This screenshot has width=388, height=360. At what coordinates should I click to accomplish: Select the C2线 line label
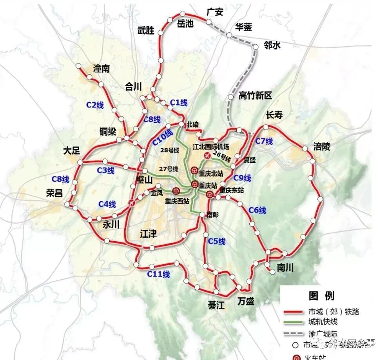[x=95, y=105]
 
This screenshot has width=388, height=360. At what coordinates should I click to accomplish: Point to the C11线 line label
[x=158, y=274]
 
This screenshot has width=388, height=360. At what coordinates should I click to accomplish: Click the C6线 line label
[x=257, y=211]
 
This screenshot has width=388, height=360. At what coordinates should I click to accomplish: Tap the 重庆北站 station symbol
[x=194, y=170]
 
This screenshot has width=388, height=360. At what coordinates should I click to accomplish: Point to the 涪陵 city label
[x=322, y=147]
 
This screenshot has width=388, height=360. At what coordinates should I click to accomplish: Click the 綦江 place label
[x=216, y=305]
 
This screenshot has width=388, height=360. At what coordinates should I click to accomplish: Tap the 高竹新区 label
[x=255, y=96]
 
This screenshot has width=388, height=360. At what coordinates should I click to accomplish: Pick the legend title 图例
[x=321, y=296]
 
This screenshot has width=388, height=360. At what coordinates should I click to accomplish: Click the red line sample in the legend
[x=294, y=312]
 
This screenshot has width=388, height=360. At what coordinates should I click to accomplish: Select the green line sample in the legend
[x=294, y=322]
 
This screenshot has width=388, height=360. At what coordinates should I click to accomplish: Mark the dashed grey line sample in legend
[x=294, y=334]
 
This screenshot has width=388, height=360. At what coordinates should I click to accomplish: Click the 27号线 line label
[x=169, y=169]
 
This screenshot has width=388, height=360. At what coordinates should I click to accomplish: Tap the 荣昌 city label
[x=54, y=193]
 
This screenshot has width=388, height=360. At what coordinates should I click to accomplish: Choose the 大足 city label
[x=72, y=151]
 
